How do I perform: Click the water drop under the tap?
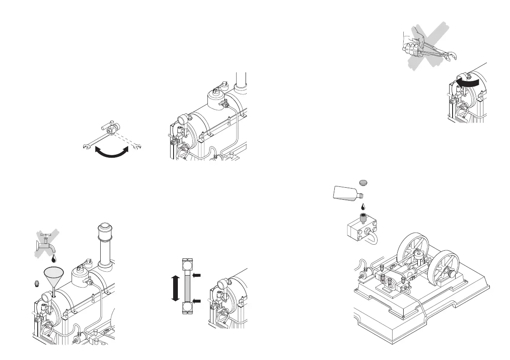[x=54, y=259]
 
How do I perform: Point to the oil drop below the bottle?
[x=363, y=206]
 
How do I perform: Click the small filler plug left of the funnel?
[x=37, y=282]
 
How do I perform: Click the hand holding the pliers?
[x=411, y=47]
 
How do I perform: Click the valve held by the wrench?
[x=112, y=127]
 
